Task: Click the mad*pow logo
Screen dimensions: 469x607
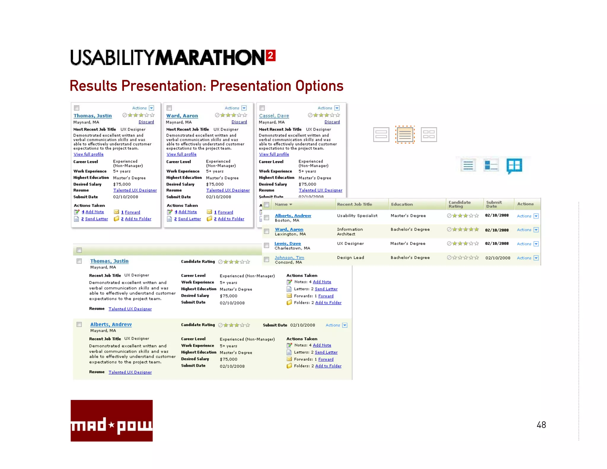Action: [x=111, y=420]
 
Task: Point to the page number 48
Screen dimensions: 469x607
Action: [x=541, y=425]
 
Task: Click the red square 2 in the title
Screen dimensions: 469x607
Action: [x=271, y=55]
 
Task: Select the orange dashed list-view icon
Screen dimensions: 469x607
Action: [x=405, y=135]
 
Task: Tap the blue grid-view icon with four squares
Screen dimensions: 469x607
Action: [x=514, y=165]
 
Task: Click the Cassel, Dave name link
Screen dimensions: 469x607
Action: [x=274, y=116]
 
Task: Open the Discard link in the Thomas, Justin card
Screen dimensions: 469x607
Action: [x=146, y=122]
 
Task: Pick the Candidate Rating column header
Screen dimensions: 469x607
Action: [x=459, y=204]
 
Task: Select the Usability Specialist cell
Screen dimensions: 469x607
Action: [x=357, y=216]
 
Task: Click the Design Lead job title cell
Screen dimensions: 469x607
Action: [x=350, y=258]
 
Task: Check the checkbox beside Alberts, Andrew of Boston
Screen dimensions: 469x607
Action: [x=266, y=218]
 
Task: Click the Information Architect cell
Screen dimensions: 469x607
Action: [x=350, y=232]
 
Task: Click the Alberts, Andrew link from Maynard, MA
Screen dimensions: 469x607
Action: [x=111, y=324]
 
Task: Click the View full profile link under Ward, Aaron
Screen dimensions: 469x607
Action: [x=181, y=154]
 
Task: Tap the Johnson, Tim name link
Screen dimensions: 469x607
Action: [x=289, y=258]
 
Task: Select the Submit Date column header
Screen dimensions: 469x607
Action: [x=494, y=204]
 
